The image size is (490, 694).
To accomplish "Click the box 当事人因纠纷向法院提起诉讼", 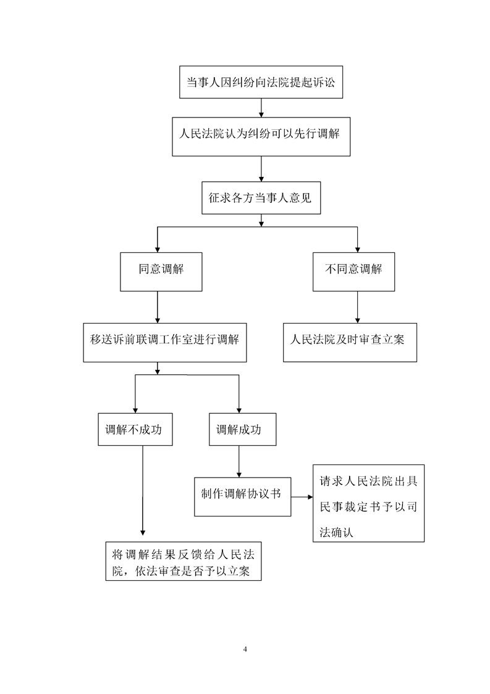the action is [x=261, y=82].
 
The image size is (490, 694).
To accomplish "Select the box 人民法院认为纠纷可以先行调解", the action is [x=261, y=137].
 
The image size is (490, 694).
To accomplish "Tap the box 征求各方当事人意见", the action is [x=261, y=198].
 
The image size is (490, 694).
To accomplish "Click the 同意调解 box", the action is [x=161, y=272].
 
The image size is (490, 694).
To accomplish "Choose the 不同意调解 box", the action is [x=354, y=272].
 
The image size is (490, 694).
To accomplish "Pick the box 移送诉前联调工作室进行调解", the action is [x=165, y=343].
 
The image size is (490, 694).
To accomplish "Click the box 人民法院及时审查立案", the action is [x=350, y=343].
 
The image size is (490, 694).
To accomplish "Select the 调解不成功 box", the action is [x=135, y=429].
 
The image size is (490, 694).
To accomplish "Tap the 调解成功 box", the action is [x=242, y=429].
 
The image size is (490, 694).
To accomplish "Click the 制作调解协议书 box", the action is [x=242, y=497].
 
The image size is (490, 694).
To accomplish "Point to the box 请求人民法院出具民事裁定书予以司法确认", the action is [x=368, y=503].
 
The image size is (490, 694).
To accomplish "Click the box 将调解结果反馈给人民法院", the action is [x=183, y=561].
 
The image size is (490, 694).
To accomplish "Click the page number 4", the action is [x=245, y=649].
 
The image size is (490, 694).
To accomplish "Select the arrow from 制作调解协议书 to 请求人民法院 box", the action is [x=302, y=497].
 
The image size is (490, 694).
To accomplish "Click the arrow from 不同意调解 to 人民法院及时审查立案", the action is [x=358, y=307].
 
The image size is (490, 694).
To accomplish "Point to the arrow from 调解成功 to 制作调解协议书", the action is [x=239, y=461].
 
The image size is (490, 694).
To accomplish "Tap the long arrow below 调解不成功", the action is [x=142, y=491].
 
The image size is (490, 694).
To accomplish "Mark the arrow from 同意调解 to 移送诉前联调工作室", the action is [x=158, y=307].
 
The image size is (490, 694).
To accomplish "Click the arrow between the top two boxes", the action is [x=261, y=108].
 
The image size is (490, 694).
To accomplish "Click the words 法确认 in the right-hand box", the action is [x=337, y=531].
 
